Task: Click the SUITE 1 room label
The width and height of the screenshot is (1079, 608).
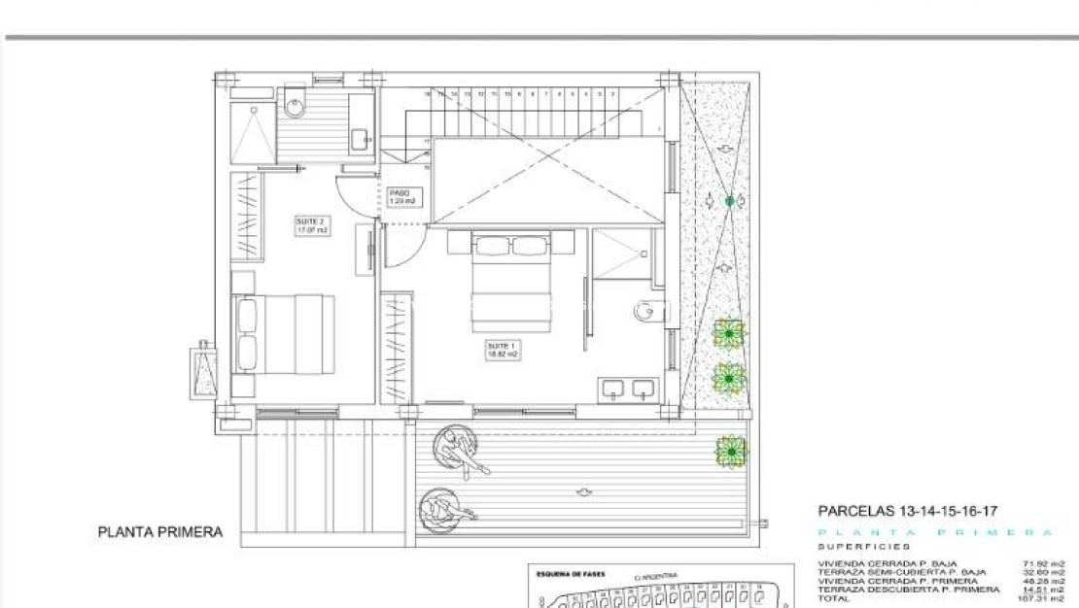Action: click(503, 350)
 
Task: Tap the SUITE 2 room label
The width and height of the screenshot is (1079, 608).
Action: click(312, 226)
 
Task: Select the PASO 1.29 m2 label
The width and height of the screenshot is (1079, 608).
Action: click(402, 196)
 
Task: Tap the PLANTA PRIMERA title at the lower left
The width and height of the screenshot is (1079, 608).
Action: click(160, 532)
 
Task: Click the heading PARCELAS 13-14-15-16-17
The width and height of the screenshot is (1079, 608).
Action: click(908, 511)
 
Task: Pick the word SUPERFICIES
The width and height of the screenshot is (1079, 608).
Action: click(864, 547)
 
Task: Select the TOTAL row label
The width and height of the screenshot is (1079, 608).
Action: click(834, 598)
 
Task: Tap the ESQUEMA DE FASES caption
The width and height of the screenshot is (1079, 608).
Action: click(571, 574)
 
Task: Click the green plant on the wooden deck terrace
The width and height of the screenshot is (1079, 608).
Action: click(730, 452)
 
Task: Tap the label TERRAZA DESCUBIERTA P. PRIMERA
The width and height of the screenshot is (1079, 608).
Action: click(908, 590)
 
